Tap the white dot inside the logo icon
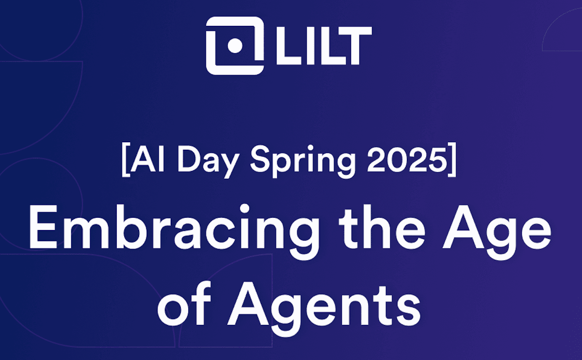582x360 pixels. click(x=235, y=46)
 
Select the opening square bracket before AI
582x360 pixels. click(x=126, y=160)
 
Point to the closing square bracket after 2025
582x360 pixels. click(x=452, y=160)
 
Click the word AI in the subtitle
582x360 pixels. click(x=147, y=159)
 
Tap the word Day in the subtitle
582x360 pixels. click(x=208, y=162)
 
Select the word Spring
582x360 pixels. click(x=303, y=162)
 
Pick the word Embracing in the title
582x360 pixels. click(x=174, y=232)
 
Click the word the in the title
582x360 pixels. click(x=382, y=227)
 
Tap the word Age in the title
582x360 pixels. click(x=497, y=232)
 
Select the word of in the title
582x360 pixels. click(x=184, y=303)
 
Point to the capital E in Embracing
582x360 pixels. click(x=43, y=227)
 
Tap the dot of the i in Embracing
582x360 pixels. click(x=244, y=209)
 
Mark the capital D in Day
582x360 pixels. click(x=189, y=159)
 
